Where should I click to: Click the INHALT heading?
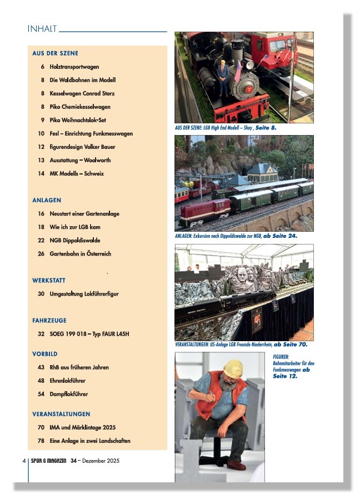(41, 28)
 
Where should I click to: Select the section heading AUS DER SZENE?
(55, 53)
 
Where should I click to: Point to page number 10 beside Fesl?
(41, 133)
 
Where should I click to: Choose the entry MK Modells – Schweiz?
(76, 173)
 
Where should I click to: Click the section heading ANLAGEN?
(47, 200)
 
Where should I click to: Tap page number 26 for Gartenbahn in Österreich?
(41, 253)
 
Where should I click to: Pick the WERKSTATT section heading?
(49, 280)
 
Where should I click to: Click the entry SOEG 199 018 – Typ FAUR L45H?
(89, 334)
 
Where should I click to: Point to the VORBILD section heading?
(45, 354)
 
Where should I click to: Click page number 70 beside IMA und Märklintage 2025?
(41, 427)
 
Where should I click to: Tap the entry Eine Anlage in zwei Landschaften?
(90, 441)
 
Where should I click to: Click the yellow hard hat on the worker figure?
(233, 367)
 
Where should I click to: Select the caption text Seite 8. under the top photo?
(264, 128)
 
